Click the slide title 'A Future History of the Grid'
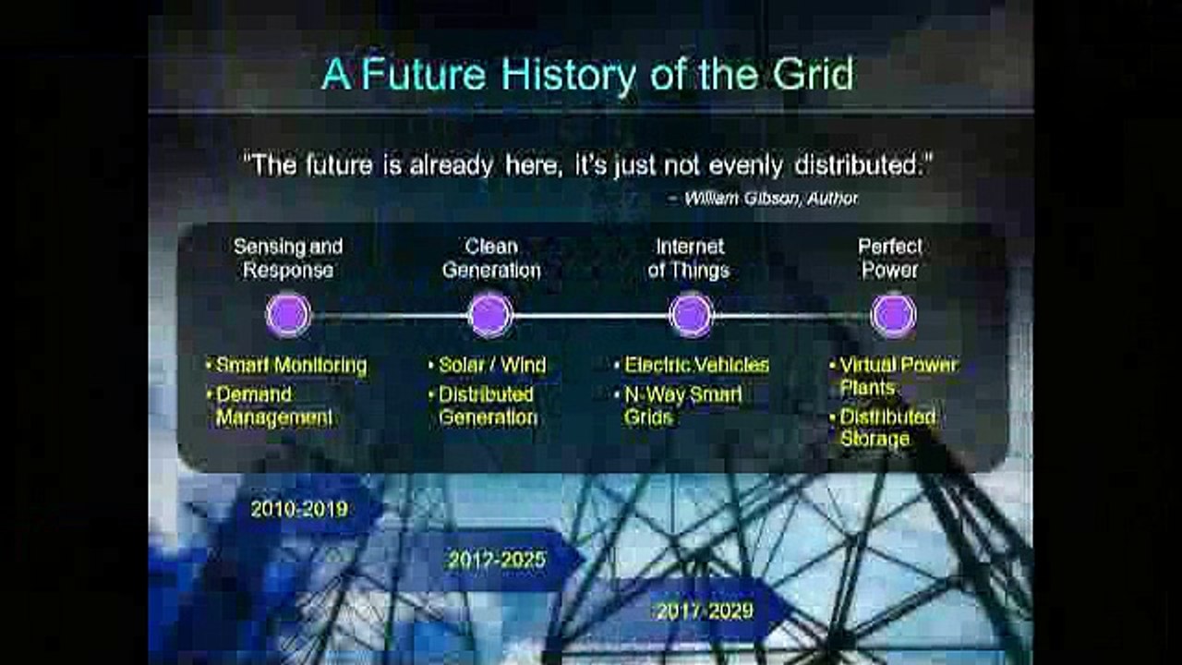point(587,75)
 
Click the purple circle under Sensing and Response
point(288,315)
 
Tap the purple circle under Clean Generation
point(490,315)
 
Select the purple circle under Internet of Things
point(691,315)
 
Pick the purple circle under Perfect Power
point(893,315)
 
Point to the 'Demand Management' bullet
point(273,405)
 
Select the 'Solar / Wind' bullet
point(491,366)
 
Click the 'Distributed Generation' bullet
point(488,405)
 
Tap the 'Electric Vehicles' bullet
point(695,366)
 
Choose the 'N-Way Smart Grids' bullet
point(682,405)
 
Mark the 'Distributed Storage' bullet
point(886,428)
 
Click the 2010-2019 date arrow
point(299,509)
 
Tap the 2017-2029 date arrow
point(704,611)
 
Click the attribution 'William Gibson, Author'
point(770,199)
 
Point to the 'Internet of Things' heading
point(689,259)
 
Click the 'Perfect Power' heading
point(889,259)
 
